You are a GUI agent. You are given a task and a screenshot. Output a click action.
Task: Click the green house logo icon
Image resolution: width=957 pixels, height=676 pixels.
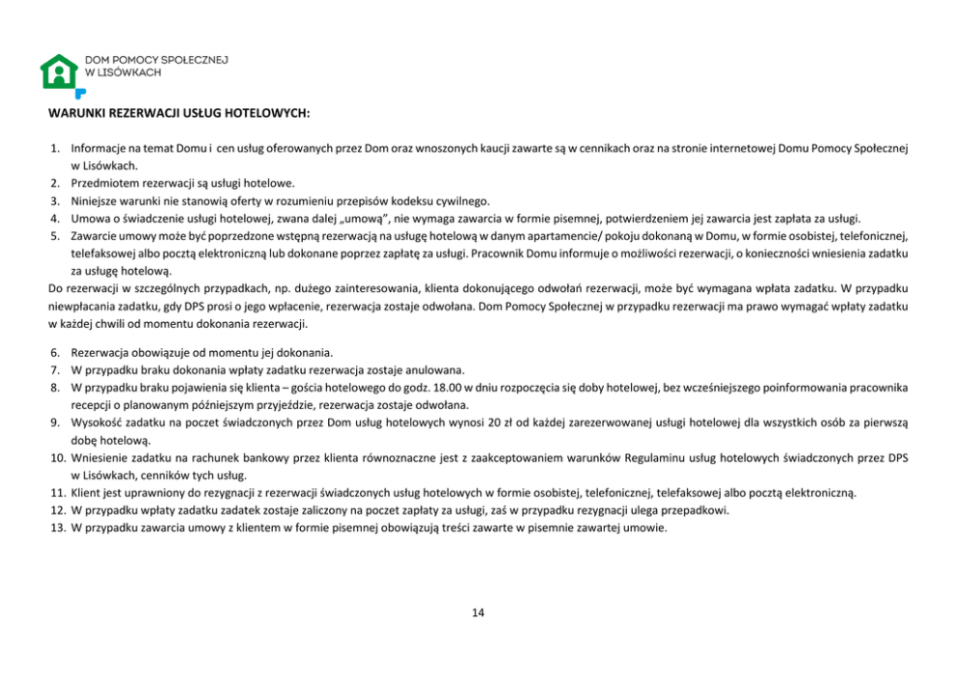point(59,71)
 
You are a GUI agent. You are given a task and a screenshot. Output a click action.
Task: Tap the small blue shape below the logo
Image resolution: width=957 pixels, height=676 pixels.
point(80,93)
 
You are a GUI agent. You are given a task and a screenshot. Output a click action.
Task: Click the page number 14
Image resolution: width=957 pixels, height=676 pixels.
point(478,612)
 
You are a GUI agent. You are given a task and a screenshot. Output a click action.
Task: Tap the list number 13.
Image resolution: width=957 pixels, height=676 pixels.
point(57,527)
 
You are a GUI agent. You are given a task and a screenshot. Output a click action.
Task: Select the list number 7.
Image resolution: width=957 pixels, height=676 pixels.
point(56,369)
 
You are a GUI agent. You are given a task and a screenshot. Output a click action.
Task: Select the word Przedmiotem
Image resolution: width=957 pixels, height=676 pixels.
point(102,183)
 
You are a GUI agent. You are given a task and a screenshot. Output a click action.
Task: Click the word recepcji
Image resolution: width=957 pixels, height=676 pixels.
point(91,404)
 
